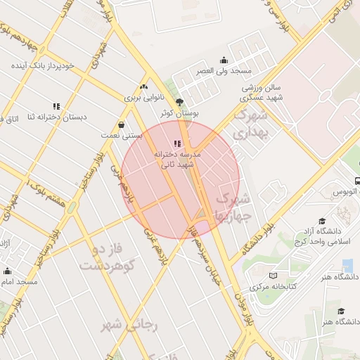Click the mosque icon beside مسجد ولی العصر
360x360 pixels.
coord(224,60)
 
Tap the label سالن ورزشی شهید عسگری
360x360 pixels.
coord(262,94)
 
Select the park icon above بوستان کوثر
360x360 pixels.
coord(180,101)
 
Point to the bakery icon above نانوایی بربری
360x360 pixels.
coord(144,87)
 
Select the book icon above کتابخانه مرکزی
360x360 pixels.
coord(273,276)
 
